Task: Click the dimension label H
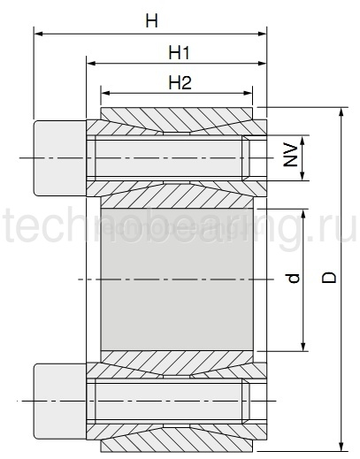click(x=151, y=20)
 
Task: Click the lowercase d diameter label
click(x=293, y=279)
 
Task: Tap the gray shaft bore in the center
click(x=177, y=279)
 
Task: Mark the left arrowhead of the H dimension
click(x=38, y=34)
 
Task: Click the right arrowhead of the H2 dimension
click(x=249, y=92)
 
